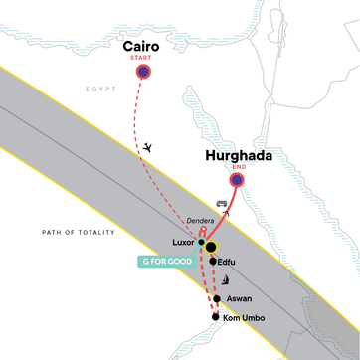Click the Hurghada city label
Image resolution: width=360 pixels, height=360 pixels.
point(238,156)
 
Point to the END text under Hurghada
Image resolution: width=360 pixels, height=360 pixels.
point(238,169)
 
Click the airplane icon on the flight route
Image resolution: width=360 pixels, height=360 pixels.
point(147,147)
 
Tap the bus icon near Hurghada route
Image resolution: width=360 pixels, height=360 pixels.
point(220,203)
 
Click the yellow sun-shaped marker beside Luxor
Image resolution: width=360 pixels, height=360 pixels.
point(210,246)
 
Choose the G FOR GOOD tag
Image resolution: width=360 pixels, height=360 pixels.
point(165,262)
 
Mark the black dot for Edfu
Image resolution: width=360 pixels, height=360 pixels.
point(212,261)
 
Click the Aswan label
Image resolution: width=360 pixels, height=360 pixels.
point(238,298)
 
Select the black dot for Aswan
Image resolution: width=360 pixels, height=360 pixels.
point(217,298)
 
